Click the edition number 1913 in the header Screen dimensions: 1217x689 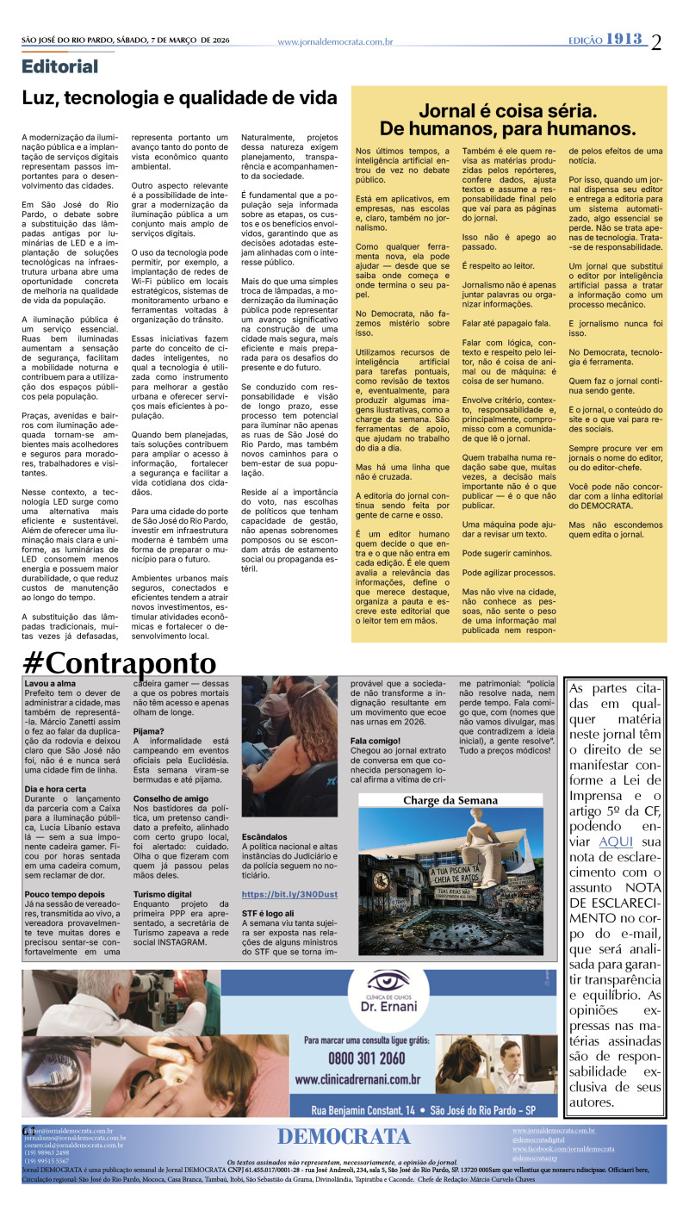coord(625,40)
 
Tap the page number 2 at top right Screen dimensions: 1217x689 coord(657,41)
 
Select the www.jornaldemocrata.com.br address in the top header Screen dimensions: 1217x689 coord(335,41)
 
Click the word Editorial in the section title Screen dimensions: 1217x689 coord(60,66)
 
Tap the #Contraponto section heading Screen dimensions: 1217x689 coord(120,663)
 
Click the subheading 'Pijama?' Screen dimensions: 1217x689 coord(148,730)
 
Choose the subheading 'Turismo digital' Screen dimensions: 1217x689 coord(163,894)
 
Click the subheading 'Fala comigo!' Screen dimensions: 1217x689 coord(376,740)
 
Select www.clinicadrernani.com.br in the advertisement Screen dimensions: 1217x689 coord(357,1079)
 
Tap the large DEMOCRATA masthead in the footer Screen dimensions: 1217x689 coord(344,1136)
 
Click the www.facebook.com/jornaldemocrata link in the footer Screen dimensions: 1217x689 coord(563,1149)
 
